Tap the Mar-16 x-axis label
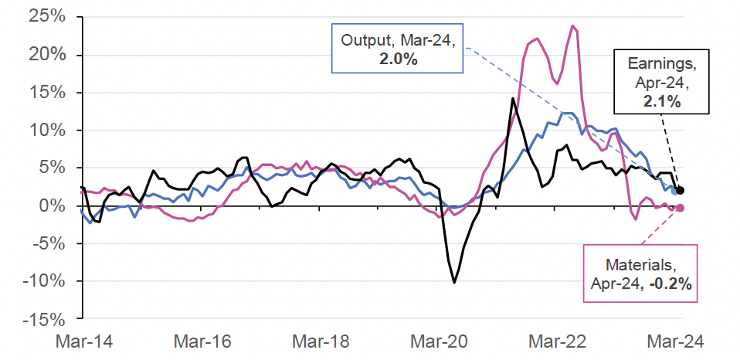[200, 340]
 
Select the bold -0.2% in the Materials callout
[665, 284]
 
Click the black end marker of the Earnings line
[680, 190]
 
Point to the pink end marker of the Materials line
[681, 208]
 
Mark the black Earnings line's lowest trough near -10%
[454, 283]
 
